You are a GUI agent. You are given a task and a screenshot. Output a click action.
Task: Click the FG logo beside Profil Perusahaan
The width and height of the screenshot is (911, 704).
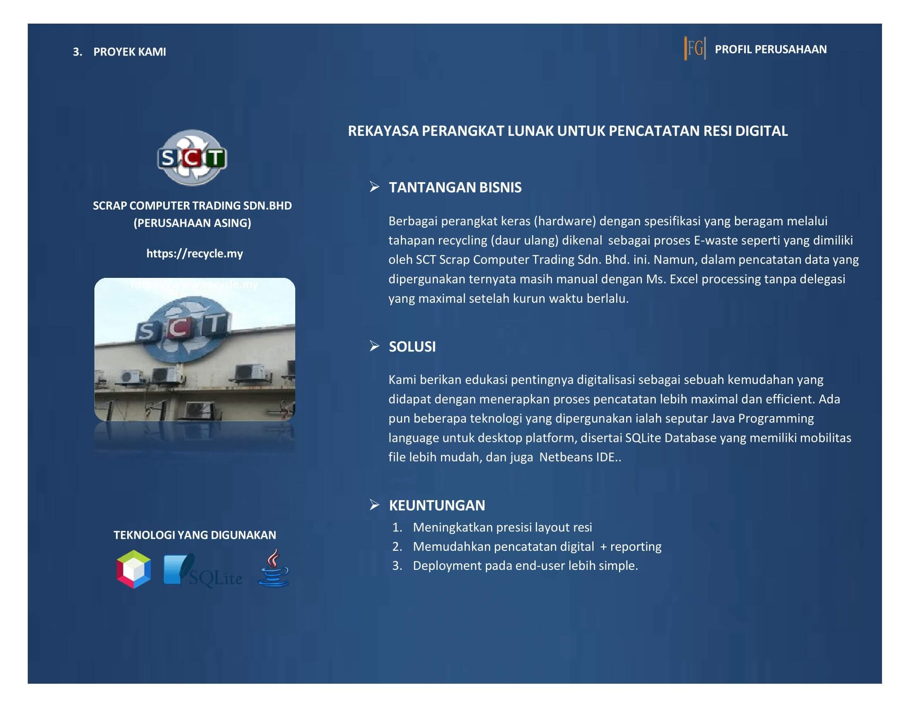[695, 49]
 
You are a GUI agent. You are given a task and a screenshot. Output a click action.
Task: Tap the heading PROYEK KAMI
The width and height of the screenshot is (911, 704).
[129, 52]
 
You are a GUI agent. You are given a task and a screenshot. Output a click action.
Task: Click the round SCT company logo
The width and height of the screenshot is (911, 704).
[192, 158]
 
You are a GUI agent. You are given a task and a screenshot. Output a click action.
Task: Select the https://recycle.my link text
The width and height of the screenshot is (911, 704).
[194, 253]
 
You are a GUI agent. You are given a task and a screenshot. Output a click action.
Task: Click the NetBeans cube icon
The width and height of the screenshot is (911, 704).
[133, 569]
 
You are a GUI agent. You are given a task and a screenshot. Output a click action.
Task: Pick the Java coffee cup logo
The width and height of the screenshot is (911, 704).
[273, 568]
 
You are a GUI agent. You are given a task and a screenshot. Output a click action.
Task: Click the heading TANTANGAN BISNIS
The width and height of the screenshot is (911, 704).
[455, 187]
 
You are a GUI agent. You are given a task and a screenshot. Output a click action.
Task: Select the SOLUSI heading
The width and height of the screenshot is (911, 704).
[412, 347]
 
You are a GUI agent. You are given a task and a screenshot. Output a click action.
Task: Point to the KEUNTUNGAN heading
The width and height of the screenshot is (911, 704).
[437, 506]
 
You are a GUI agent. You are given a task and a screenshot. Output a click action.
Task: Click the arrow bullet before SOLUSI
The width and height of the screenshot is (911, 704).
[374, 346]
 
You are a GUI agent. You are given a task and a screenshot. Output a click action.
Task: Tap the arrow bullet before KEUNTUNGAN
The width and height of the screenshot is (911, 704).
[374, 505]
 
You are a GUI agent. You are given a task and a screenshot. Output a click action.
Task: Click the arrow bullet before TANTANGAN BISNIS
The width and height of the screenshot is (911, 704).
[374, 186]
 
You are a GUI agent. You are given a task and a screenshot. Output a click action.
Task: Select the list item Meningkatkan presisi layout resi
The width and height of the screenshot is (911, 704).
[502, 528]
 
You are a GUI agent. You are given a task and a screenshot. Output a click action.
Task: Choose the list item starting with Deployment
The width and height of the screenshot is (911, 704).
[525, 566]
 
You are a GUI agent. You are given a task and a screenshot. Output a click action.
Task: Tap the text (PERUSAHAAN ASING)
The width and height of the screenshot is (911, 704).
[192, 223]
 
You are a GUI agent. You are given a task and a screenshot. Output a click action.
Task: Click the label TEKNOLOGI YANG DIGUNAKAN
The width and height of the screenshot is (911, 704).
[195, 535]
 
